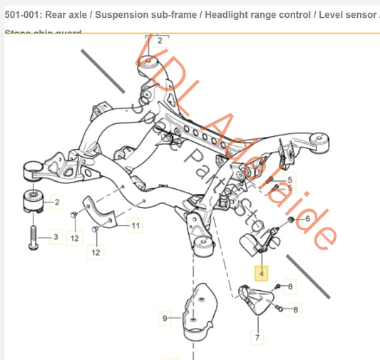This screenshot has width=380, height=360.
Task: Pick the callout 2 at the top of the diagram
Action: [x=159, y=41]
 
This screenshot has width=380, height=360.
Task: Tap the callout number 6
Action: [x=307, y=219]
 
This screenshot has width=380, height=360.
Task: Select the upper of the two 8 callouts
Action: [x=290, y=287]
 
